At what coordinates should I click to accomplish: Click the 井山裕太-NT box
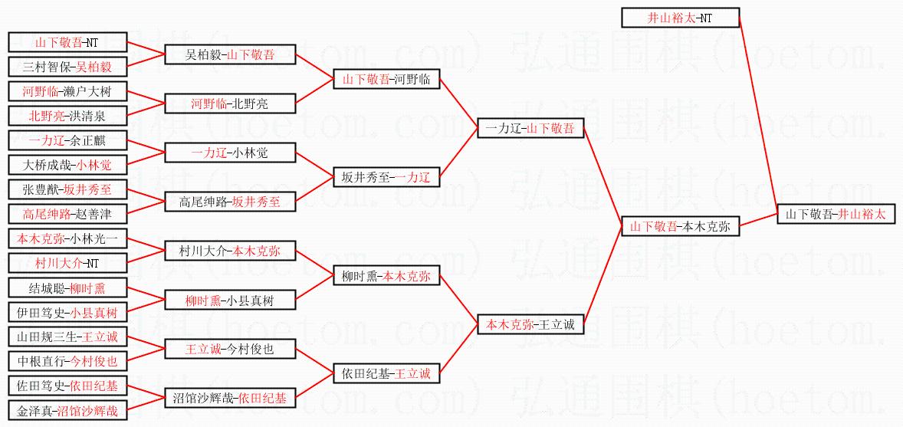680,18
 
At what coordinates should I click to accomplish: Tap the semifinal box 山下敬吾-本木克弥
680,226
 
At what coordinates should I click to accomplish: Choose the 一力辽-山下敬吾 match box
530,129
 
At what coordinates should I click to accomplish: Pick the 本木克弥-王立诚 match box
530,324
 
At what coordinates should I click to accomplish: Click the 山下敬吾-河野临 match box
386,79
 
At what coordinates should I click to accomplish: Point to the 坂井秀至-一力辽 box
386,177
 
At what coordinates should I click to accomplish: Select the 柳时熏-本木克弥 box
386,276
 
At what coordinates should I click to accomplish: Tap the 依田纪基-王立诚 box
386,374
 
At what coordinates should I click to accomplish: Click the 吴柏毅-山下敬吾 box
230,54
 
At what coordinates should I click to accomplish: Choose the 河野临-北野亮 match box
230,103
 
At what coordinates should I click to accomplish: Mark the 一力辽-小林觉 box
230,153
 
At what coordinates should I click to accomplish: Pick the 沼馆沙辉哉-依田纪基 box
230,398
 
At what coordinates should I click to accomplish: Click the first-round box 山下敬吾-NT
67,42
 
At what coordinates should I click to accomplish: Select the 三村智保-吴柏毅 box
67,67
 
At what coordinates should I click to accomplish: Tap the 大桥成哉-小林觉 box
67,165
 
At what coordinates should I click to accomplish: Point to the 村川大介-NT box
67,263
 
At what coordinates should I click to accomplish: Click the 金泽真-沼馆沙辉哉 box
67,411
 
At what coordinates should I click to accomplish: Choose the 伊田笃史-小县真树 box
67,313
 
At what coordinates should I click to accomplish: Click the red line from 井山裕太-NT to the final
759,115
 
